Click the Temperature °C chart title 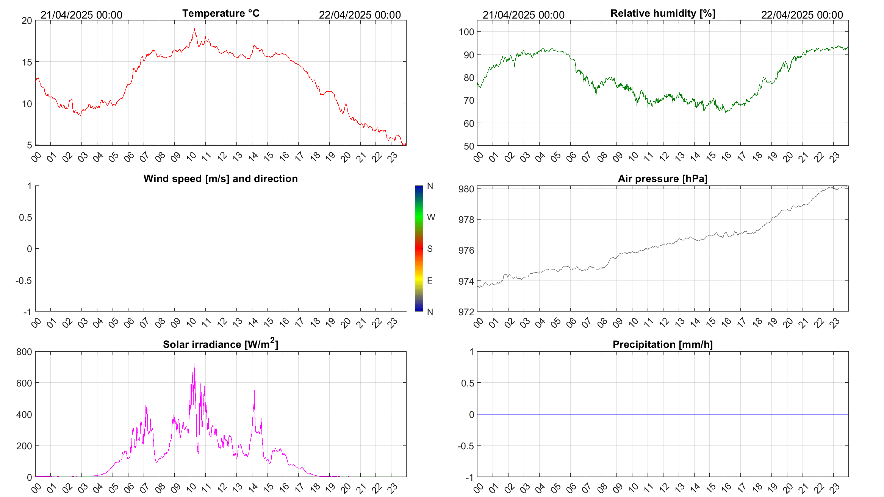(x=221, y=13)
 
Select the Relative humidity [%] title (x=663, y=13)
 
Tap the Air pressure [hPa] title (x=662, y=179)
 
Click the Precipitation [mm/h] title (x=662, y=344)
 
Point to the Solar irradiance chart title (x=221, y=344)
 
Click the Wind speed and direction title (x=221, y=179)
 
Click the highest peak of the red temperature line (x=194, y=29)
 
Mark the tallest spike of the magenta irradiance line (x=194, y=364)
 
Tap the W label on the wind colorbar (x=431, y=217)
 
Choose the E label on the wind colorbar (x=430, y=280)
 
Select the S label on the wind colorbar (x=430, y=249)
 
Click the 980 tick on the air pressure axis (x=466, y=189)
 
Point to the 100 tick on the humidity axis (x=466, y=32)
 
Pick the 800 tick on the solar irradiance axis (x=24, y=352)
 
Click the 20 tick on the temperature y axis (x=27, y=20)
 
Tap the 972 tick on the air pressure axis (x=466, y=312)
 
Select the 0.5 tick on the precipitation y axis (x=468, y=383)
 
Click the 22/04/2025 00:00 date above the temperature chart (x=360, y=15)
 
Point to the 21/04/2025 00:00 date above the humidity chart (x=523, y=15)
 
